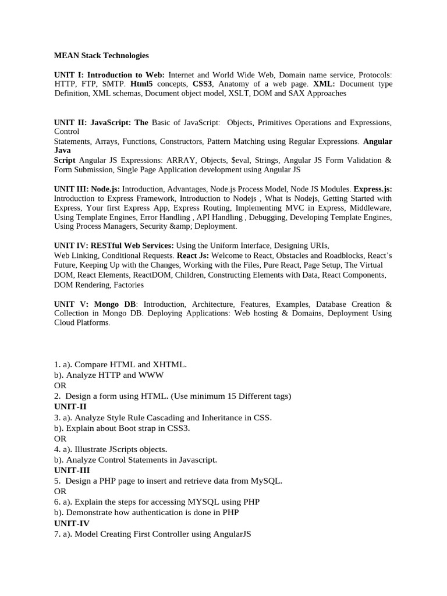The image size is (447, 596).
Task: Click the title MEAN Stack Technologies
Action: (101, 56)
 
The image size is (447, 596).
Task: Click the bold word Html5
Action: (141, 84)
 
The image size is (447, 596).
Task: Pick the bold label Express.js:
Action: (373, 189)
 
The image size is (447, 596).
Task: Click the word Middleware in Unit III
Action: (368, 208)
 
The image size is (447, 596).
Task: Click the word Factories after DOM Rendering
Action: (129, 285)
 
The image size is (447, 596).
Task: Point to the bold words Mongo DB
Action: (113, 304)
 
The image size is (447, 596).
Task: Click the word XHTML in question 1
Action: (169, 364)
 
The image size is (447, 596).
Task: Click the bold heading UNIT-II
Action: (70, 407)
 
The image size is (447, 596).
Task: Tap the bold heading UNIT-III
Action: (72, 470)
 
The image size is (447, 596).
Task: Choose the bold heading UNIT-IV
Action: (72, 523)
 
